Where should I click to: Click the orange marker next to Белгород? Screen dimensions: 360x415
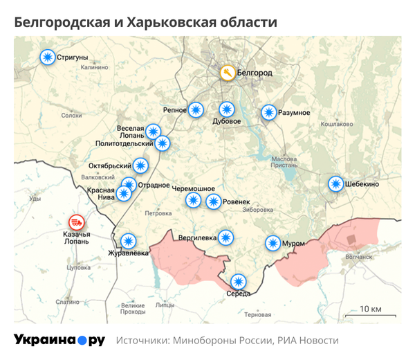click(x=226, y=73)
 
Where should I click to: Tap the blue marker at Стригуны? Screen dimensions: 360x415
click(x=48, y=57)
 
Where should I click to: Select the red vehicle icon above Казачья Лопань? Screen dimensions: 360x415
click(x=77, y=223)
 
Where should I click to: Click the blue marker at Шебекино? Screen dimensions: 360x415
click(x=335, y=183)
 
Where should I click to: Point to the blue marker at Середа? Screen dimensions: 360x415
click(x=238, y=281)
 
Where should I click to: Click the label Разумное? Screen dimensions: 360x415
click(x=294, y=113)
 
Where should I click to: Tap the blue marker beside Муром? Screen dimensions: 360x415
click(x=272, y=243)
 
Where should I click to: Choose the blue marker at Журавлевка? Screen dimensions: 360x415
click(x=129, y=241)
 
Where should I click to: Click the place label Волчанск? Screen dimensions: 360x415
click(x=358, y=256)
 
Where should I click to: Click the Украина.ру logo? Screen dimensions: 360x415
click(x=59, y=340)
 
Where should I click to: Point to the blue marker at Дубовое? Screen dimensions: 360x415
click(x=227, y=109)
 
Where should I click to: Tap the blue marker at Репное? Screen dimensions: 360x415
click(x=197, y=109)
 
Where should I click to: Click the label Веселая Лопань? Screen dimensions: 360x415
click(x=130, y=132)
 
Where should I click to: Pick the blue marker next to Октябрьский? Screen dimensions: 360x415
click(x=140, y=165)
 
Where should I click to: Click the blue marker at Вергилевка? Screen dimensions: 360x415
click(x=225, y=237)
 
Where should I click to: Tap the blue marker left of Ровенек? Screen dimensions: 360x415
click(x=214, y=201)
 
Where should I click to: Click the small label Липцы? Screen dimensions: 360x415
click(x=165, y=304)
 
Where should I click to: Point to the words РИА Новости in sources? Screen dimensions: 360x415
click(x=308, y=341)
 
